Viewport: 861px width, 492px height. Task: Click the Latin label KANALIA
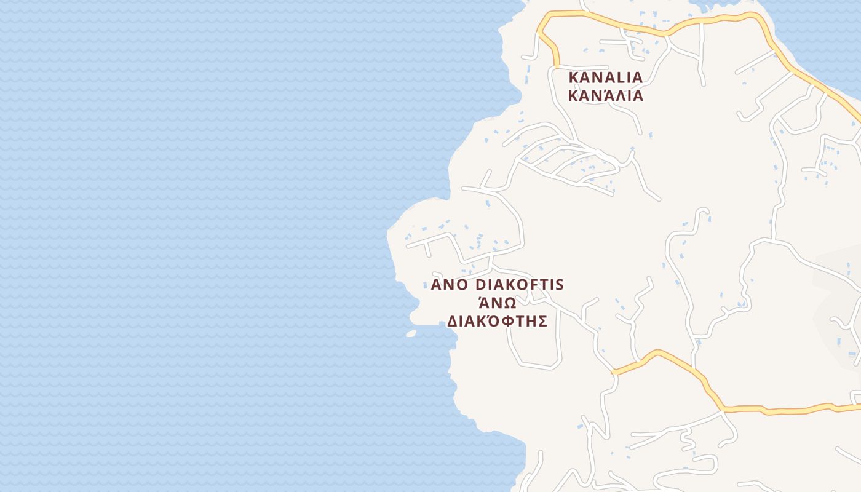[605, 77]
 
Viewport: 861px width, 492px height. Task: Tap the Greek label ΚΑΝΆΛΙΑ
[605, 96]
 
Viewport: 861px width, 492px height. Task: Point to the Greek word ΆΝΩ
[497, 303]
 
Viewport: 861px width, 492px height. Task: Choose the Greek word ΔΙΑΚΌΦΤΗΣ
[497, 322]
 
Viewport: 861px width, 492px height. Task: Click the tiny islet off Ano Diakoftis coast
[411, 333]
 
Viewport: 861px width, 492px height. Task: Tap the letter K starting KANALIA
[574, 77]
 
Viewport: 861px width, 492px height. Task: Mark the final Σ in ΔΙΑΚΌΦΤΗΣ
[542, 322]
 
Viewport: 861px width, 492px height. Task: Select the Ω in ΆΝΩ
[509, 303]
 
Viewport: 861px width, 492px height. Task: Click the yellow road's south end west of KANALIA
[557, 65]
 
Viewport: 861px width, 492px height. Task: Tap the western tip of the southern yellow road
[614, 372]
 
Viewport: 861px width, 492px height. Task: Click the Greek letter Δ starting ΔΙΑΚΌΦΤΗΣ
[451, 322]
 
